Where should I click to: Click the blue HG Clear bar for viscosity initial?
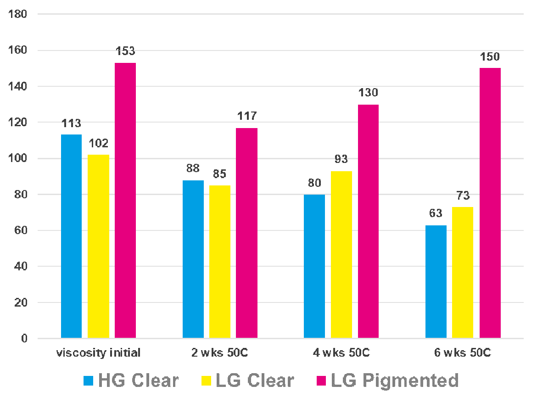[71, 236]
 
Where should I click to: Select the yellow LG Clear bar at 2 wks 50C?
[220, 262]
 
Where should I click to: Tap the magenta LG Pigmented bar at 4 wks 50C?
[368, 221]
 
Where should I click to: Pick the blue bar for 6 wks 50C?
[436, 282]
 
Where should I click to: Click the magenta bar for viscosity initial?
[125, 201]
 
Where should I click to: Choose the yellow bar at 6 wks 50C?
[463, 273]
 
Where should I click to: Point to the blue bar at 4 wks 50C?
[314, 266]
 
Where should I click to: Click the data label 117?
[247, 116]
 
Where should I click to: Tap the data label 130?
[368, 93]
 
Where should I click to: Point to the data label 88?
[193, 168]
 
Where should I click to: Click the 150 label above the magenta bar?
[490, 57]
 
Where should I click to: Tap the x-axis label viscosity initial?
[98, 353]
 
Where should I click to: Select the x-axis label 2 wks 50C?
[220, 353]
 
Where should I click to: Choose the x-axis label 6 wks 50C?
[463, 353]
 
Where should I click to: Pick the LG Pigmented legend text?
[395, 381]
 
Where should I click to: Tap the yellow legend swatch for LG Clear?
[205, 381]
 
